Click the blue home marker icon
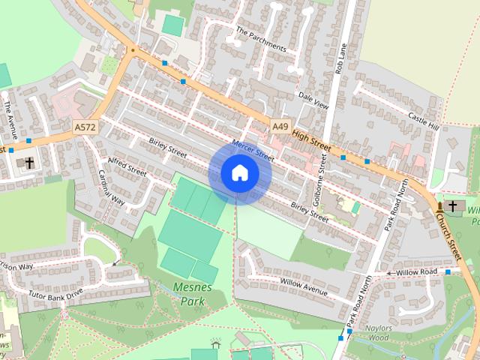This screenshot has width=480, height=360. tap(239, 173)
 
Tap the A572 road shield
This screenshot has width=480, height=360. tap(85, 128)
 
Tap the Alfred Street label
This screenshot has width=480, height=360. tap(127, 166)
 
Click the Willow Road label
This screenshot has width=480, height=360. tap(417, 271)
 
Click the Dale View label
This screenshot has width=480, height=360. tap(313, 102)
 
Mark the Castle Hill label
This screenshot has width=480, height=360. tap(423, 120)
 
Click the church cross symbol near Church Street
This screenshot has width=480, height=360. tap(451, 205)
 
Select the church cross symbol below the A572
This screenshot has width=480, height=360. tap(30, 162)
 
